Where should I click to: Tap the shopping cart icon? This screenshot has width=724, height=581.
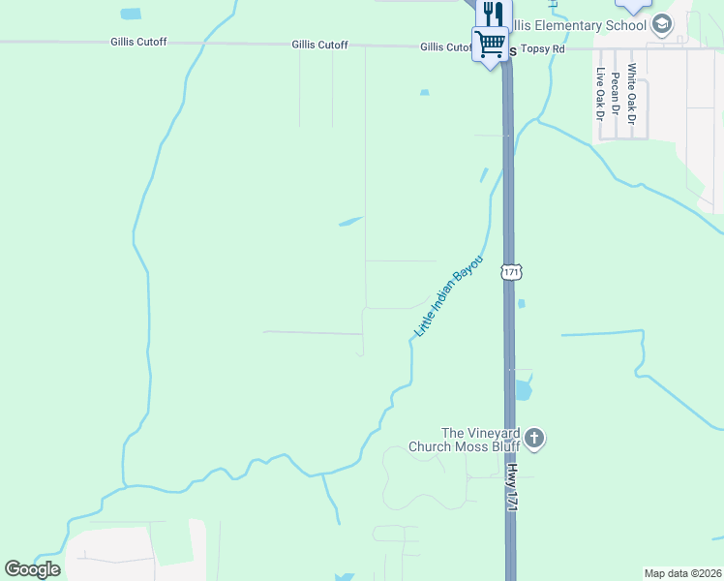coord(490,44)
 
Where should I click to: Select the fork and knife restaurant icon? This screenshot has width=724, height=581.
coord(493,13)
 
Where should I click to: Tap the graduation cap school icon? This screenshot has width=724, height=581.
coord(662,25)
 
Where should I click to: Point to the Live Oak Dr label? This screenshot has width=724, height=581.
coord(600,94)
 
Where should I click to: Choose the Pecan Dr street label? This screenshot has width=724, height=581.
coord(615,95)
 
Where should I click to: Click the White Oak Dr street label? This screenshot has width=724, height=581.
coord(631,94)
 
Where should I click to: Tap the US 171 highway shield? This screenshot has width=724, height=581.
coord(511,272)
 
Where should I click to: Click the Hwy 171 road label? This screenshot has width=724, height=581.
coord(510,492)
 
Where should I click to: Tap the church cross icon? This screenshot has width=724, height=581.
coord(533,440)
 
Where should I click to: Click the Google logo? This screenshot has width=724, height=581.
coord(32,568)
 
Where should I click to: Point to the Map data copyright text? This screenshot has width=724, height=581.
coord(681,573)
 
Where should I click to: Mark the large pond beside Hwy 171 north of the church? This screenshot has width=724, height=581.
coord(523,390)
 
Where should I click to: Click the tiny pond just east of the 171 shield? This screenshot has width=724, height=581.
coord(522,304)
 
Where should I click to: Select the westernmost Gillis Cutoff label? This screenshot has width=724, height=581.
coord(138,43)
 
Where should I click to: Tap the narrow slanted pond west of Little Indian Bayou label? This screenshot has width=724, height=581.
coord(350,222)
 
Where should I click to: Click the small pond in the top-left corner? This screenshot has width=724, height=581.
coord(130,14)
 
